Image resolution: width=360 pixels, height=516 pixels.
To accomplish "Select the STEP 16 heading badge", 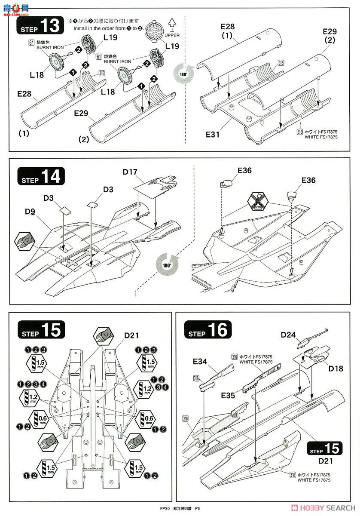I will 207,330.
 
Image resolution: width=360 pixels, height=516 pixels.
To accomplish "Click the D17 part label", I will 130,172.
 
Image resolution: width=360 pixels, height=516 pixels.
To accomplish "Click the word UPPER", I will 172,35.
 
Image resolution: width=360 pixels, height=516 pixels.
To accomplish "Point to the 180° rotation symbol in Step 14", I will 165,265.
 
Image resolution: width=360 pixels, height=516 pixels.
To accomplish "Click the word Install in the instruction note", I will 80,28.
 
